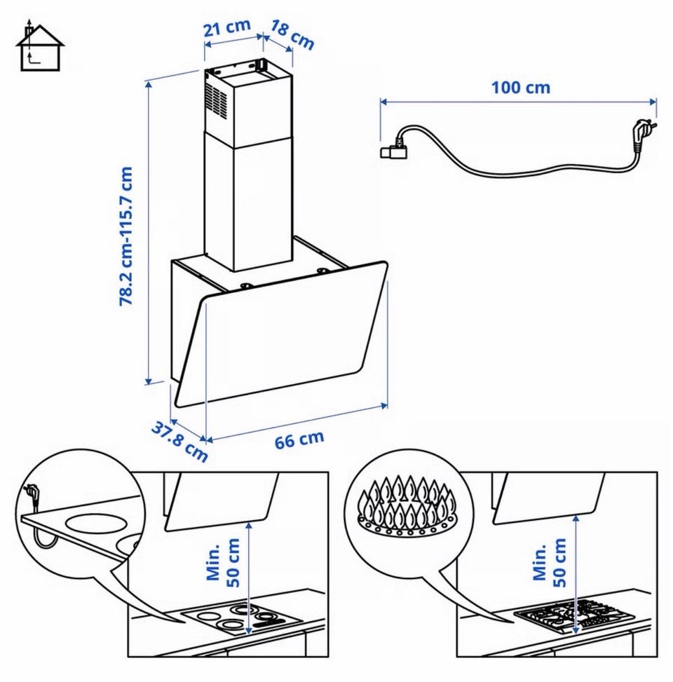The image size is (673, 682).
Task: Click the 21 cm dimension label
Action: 227,28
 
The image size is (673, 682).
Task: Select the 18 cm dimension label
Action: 292,35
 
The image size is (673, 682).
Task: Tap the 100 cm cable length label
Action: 521,88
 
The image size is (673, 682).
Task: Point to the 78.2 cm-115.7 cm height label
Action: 126,237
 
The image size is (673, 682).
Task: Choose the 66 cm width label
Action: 299,439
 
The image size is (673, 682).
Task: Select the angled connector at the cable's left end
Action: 394,149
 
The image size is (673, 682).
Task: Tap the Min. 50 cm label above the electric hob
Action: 223,563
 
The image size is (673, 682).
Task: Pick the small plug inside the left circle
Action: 32,495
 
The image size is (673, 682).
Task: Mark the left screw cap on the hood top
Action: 246,286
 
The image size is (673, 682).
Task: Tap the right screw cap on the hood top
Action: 323,271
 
